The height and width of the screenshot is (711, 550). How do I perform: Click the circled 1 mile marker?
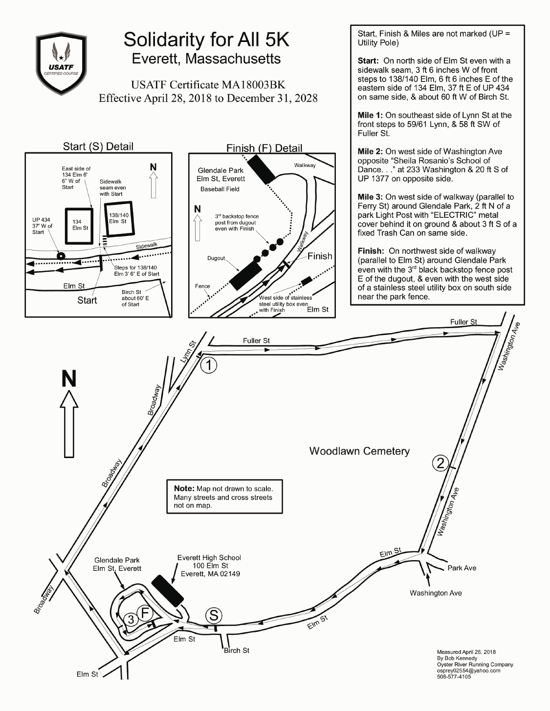[209, 365]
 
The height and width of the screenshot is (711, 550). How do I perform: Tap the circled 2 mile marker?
[440, 462]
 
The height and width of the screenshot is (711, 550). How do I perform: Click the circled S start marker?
[214, 615]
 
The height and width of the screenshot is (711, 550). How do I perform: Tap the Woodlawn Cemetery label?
[359, 451]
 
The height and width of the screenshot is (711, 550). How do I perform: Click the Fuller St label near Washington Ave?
[463, 322]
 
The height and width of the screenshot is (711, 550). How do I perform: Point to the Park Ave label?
[462, 568]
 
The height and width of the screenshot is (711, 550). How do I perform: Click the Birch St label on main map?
[237, 650]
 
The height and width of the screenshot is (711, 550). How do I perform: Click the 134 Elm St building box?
[80, 226]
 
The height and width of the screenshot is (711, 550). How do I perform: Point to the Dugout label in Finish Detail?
[216, 258]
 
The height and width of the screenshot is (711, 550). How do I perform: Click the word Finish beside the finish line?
[320, 256]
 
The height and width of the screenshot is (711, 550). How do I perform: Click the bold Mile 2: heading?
[370, 151]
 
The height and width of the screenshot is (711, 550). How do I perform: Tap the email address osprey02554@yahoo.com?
[468, 670]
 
